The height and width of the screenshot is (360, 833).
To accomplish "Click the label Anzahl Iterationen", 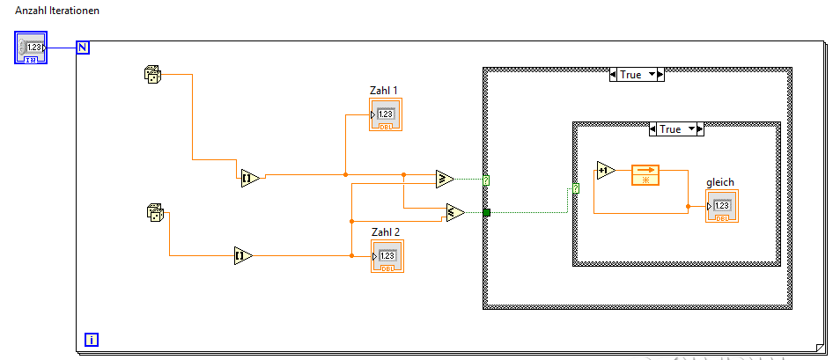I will pyautogui.click(x=57, y=11).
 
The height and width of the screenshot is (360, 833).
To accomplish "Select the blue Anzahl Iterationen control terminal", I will pyautogui.click(x=33, y=48).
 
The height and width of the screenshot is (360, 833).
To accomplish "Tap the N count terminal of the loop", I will pyautogui.click(x=83, y=48).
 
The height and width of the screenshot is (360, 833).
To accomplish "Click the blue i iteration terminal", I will pyautogui.click(x=91, y=339).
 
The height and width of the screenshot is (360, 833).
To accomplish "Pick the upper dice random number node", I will pyautogui.click(x=153, y=75).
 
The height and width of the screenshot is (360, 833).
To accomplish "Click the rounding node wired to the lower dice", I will pyautogui.click(x=243, y=256).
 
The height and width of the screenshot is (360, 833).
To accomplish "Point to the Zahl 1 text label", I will pyautogui.click(x=385, y=90).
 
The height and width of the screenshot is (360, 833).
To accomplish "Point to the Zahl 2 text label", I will pyautogui.click(x=386, y=231).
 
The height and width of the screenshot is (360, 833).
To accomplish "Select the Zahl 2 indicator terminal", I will pyautogui.click(x=387, y=256).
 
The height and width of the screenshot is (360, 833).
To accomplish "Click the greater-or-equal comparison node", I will pyautogui.click(x=445, y=179).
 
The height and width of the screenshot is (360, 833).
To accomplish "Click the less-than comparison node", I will pyautogui.click(x=454, y=212).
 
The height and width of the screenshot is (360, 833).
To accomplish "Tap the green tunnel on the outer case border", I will pyautogui.click(x=486, y=212).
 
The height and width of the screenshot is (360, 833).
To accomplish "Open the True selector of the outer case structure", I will pyautogui.click(x=636, y=75).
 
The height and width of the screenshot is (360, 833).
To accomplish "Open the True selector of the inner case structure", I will pyautogui.click(x=675, y=129).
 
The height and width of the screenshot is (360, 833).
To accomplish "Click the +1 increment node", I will pyautogui.click(x=605, y=171).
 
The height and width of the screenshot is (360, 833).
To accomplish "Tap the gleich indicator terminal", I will pyautogui.click(x=721, y=206).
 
